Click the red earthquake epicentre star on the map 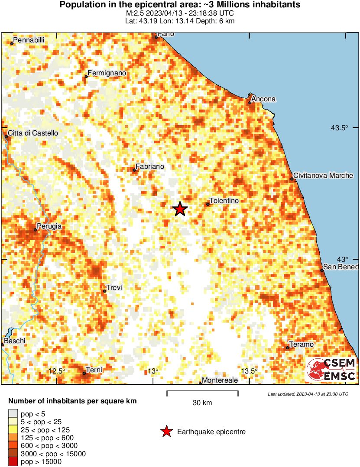tap(180, 209)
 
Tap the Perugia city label tap(49, 226)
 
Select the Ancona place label tap(263, 99)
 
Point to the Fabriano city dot tap(134, 170)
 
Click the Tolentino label tap(224, 201)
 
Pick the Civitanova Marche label tap(323, 176)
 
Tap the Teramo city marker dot tap(288, 348)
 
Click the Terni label tap(94, 370)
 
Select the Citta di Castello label tap(33, 133)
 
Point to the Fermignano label tap(107, 73)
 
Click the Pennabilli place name tap(29, 40)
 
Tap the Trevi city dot tap(104, 291)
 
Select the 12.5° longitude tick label tap(56, 371)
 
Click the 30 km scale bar tap(202, 393)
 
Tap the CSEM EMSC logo tap(331, 370)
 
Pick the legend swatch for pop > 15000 tap(13, 462)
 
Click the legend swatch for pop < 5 tap(13, 415)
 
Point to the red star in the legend tap(166, 432)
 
